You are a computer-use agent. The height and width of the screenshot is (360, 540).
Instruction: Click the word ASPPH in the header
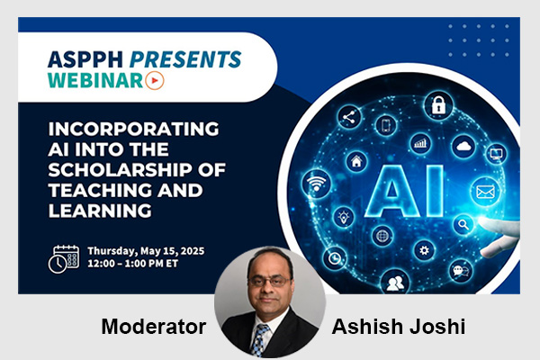(86, 60)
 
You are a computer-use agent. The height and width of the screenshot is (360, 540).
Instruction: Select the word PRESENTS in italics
(185, 60)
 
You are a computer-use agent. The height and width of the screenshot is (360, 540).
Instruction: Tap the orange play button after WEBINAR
(156, 81)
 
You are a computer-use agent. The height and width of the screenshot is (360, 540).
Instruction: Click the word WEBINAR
(98, 81)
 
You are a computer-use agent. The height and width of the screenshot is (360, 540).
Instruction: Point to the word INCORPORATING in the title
(118, 127)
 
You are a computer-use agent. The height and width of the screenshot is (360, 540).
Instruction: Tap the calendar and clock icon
(63, 257)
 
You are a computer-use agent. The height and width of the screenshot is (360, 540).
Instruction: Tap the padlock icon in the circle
(438, 105)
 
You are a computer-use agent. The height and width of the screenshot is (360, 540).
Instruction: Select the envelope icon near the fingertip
(487, 191)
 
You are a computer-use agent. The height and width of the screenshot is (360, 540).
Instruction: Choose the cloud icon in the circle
(464, 145)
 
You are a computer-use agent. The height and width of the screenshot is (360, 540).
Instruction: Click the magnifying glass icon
(465, 224)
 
